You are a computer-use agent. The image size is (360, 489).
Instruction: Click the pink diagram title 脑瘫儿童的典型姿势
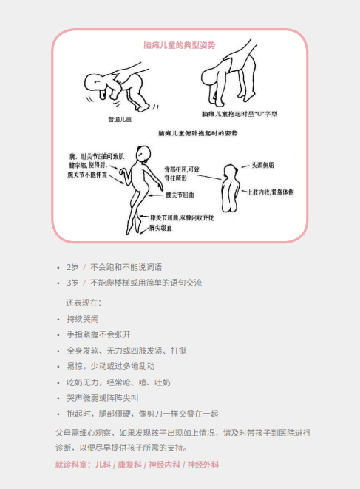180,45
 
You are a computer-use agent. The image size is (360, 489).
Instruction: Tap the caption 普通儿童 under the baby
119,120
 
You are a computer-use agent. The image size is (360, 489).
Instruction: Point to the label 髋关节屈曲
179,194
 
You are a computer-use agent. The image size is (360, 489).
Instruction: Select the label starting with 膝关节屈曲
182,218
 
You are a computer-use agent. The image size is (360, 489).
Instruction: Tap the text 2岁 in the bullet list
72,266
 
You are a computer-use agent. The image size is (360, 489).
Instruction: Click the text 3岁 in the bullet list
72,283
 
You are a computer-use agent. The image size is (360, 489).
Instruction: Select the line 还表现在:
84,302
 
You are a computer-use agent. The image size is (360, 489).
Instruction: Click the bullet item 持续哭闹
81,318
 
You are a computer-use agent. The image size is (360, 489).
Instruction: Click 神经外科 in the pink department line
203,465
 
